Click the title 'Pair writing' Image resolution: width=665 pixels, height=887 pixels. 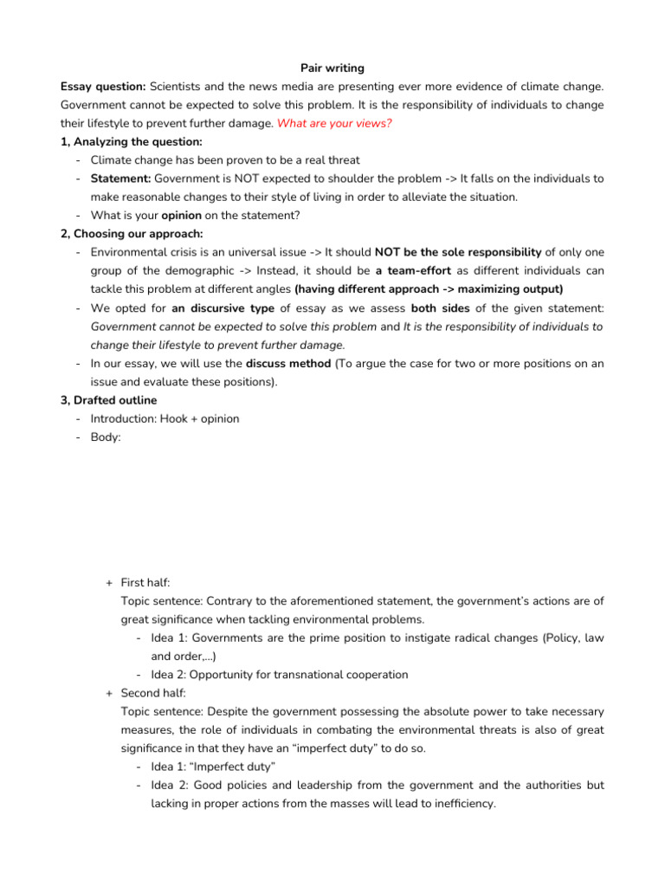(332, 67)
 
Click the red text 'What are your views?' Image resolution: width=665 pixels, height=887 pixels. (334, 123)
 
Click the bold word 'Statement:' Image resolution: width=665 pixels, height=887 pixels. (120, 178)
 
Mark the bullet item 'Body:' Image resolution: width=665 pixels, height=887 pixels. (107, 437)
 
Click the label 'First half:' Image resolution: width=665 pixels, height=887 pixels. (152, 583)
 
